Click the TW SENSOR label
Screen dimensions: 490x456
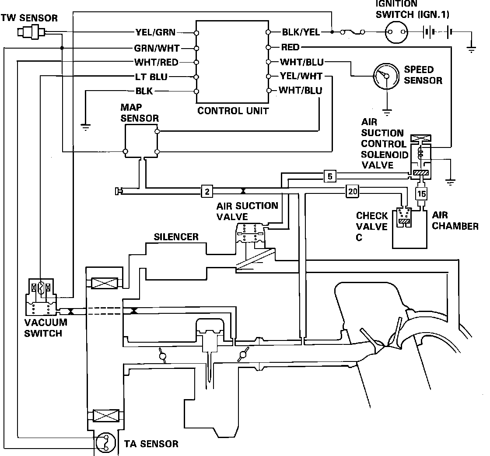(x=29, y=18)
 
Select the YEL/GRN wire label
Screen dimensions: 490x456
(x=155, y=32)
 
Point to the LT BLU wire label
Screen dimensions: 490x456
(x=151, y=77)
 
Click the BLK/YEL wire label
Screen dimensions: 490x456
(x=301, y=32)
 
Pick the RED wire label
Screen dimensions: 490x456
(x=290, y=47)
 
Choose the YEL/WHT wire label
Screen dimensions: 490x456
(x=301, y=76)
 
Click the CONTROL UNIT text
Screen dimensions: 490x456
(x=233, y=111)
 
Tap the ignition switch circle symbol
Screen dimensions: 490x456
(x=396, y=32)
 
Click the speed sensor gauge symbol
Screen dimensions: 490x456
(x=386, y=76)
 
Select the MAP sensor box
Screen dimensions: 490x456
(x=141, y=141)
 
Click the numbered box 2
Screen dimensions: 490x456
(x=207, y=191)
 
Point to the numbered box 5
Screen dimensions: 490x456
(x=330, y=176)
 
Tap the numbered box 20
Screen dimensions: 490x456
(x=353, y=191)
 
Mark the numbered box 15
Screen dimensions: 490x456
(x=421, y=194)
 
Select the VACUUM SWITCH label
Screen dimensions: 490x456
(x=45, y=328)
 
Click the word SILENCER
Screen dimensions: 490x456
(x=176, y=237)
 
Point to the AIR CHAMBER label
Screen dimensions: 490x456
(x=455, y=221)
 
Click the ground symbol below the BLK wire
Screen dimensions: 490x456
(x=85, y=127)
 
